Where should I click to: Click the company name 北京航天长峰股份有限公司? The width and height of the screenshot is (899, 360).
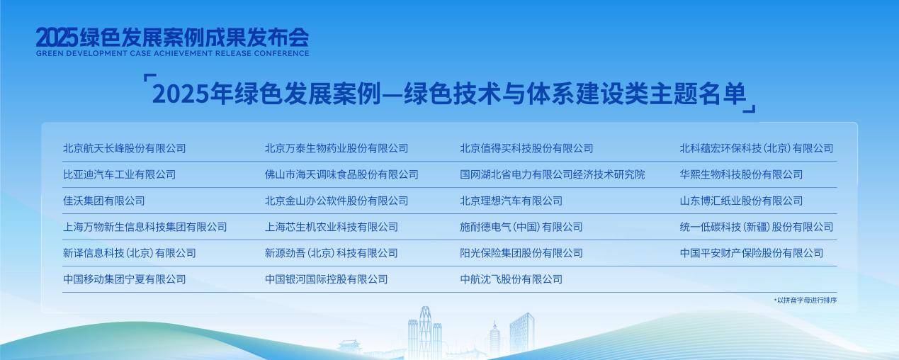[x=124, y=149]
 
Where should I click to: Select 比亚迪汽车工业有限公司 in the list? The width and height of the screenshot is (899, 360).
[x=119, y=174]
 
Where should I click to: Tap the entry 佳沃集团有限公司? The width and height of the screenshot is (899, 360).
[x=103, y=201]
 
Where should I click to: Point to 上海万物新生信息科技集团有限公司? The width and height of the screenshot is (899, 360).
[x=145, y=227]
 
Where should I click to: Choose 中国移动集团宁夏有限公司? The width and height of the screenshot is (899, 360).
[x=124, y=279]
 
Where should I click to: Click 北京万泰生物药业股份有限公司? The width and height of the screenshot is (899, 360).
[x=337, y=149]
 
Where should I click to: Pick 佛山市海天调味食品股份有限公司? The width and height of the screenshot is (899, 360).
[x=341, y=174]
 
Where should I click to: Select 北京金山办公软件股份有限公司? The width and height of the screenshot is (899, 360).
[x=337, y=201]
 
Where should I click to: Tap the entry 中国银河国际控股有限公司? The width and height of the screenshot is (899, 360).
[x=327, y=279]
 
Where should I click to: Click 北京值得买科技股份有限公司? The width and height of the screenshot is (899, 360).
[x=526, y=149]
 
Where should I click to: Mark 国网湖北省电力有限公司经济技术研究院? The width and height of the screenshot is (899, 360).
[x=553, y=174]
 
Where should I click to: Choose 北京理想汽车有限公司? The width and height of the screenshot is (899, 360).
[x=511, y=201]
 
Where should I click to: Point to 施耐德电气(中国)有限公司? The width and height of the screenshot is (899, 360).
[x=521, y=227]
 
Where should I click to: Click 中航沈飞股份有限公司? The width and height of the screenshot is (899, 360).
[x=511, y=279]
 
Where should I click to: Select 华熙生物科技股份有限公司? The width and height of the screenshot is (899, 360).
[x=741, y=174]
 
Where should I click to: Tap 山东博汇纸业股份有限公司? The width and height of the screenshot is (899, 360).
[x=741, y=201]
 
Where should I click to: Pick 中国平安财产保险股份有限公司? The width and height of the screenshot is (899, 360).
[x=752, y=253]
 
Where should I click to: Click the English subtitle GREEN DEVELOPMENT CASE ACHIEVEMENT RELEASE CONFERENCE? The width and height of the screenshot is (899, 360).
[x=172, y=53]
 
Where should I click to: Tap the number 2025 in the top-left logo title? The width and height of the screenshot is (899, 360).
[x=57, y=37]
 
